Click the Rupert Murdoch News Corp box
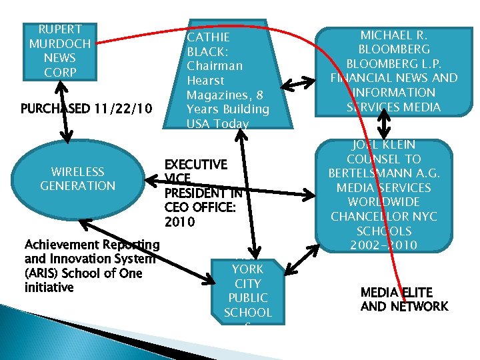pyautogui.click(x=60, y=51)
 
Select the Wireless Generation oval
pyautogui.click(x=78, y=179)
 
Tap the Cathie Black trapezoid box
pyautogui.click(x=227, y=73)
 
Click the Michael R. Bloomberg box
pyautogui.click(x=395, y=71)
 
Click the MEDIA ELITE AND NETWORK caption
pyautogui.click(x=404, y=299)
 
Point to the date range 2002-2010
pyautogui.click(x=384, y=245)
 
